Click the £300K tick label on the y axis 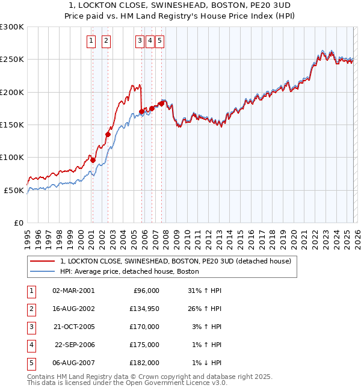[x=12, y=27]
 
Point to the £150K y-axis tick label [x=12, y=125]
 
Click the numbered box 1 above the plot [x=91, y=41]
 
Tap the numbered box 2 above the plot [x=106, y=41]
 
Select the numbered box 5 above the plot [x=161, y=41]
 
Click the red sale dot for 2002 [x=108, y=135]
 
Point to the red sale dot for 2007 [x=161, y=103]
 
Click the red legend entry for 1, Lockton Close [x=176, y=261]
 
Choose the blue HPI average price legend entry [x=129, y=272]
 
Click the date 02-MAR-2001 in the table [x=73, y=291]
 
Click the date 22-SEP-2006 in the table [x=75, y=345]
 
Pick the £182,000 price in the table [x=144, y=363]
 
